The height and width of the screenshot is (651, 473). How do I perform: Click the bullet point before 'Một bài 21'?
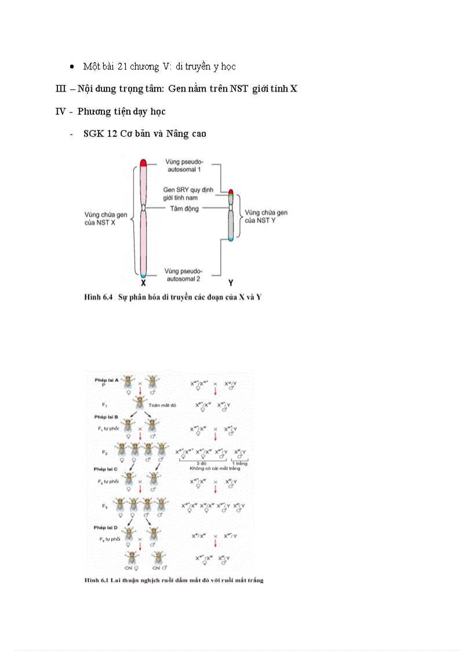click(71, 67)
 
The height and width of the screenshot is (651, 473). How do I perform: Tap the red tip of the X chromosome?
click(143, 163)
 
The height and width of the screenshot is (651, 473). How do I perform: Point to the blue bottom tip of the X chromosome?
click(143, 274)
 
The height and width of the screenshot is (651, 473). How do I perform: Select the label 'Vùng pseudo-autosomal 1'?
click(183, 165)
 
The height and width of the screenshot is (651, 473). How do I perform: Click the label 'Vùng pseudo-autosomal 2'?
click(183, 275)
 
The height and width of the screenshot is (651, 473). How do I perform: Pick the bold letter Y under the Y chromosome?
click(231, 283)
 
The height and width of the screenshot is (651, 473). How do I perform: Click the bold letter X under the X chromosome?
click(143, 283)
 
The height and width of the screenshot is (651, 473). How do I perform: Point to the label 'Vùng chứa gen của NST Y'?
click(266, 216)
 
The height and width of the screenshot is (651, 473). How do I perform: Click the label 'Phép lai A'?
click(107, 380)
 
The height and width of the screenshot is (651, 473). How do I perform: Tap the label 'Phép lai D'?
click(107, 528)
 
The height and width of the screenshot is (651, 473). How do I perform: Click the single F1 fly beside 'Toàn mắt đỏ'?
click(140, 403)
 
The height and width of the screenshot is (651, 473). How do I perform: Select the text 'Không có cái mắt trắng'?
click(217, 467)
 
